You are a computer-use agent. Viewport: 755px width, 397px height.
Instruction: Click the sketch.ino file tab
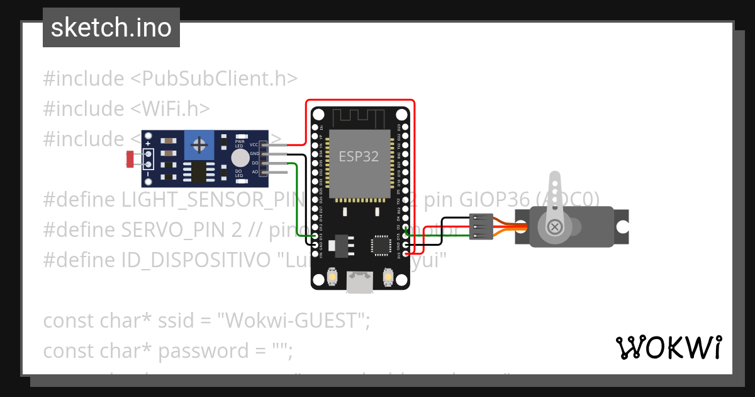(111, 28)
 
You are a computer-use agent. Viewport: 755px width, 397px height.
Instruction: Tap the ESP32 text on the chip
(359, 156)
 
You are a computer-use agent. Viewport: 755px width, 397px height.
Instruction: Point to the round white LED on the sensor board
(240, 158)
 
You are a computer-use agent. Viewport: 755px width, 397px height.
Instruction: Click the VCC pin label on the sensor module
(254, 145)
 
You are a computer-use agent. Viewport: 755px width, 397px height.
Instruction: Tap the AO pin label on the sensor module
(255, 171)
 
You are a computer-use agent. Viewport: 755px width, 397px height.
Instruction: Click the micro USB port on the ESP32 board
(361, 282)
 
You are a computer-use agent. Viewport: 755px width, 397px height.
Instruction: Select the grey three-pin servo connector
(481, 226)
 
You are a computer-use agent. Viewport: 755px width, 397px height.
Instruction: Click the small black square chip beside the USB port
(381, 245)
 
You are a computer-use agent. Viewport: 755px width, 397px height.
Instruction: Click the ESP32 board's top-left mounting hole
(318, 115)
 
